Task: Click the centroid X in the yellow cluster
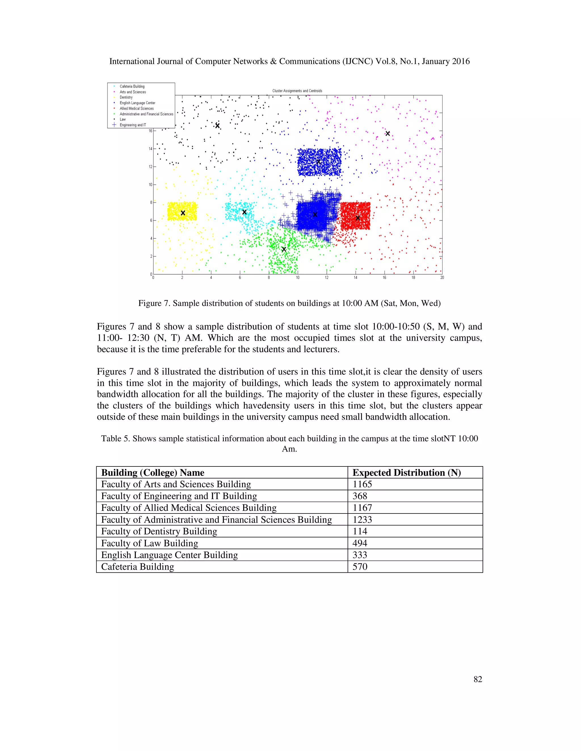(183, 213)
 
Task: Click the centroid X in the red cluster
(358, 218)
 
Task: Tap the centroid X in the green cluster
(284, 249)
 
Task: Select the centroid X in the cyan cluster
(244, 212)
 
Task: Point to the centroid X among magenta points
(388, 133)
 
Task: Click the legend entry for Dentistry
(126, 97)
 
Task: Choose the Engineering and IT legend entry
(132, 125)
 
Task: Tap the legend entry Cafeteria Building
(132, 86)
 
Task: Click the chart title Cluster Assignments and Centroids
(297, 91)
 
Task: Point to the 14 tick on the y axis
(150, 149)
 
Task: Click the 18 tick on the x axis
(413, 277)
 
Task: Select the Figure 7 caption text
(289, 303)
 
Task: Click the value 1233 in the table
(362, 519)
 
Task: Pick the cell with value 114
(360, 531)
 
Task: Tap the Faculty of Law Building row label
(150, 543)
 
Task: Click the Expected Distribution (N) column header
(407, 472)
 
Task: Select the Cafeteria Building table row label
(137, 567)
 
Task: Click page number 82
(477, 679)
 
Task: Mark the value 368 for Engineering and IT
(360, 496)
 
